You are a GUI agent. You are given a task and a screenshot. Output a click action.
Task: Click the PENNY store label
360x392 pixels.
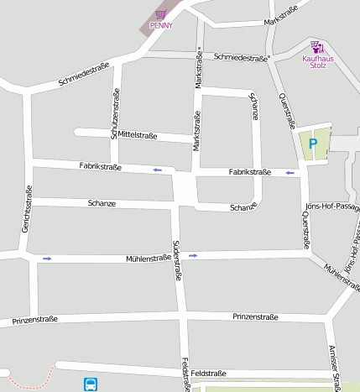[x=161, y=25]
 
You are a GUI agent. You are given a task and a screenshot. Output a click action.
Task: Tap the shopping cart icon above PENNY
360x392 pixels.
[x=160, y=14]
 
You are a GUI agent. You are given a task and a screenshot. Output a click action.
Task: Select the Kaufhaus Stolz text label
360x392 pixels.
[x=316, y=64]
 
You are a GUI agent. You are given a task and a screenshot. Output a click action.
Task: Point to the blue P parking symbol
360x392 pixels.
[x=313, y=144]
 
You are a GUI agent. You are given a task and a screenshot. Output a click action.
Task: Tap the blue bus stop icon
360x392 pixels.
[x=91, y=384]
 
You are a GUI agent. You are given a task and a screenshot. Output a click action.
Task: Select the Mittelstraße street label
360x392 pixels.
[x=138, y=134]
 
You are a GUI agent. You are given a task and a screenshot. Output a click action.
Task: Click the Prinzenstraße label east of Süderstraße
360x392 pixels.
[x=255, y=316]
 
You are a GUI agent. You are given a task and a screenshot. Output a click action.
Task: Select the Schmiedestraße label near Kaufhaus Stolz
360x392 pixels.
[x=240, y=57]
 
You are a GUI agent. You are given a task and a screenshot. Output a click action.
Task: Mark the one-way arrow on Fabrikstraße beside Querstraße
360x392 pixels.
[x=291, y=173]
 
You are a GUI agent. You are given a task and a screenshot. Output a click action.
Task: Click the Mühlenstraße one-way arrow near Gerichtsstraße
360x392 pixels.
[x=47, y=259]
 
